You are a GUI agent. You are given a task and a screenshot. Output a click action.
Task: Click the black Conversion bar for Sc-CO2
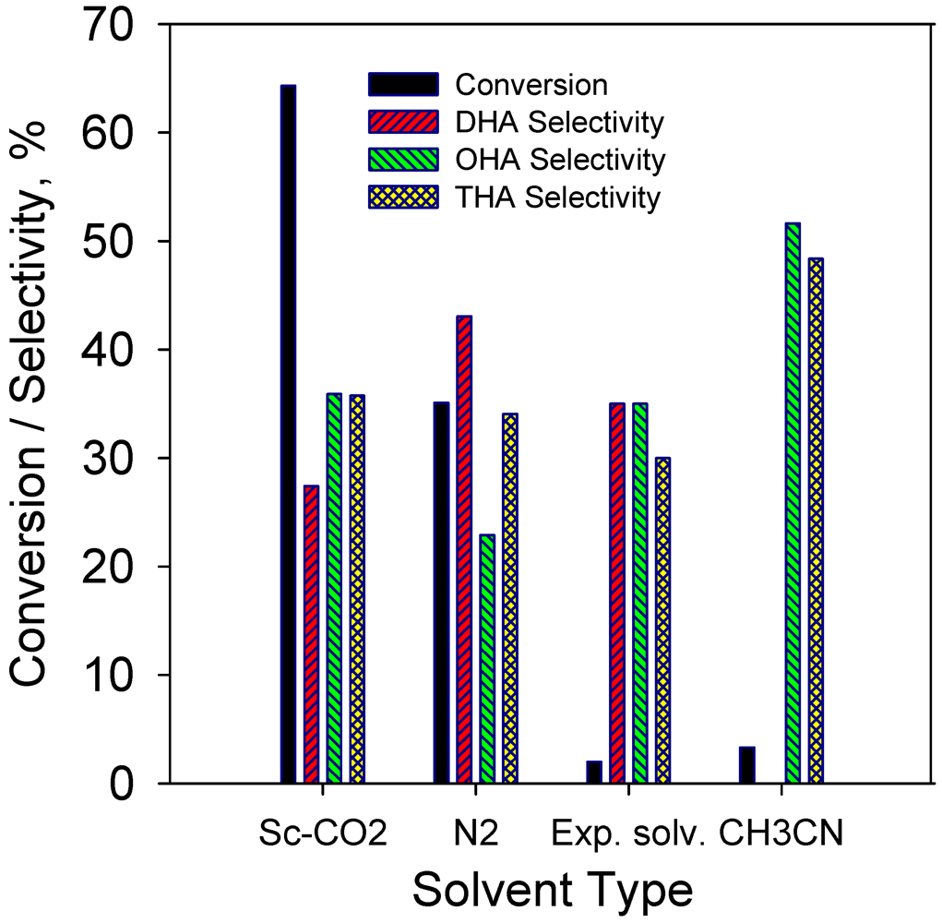(288, 434)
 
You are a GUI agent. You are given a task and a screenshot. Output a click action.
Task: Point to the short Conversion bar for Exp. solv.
(593, 773)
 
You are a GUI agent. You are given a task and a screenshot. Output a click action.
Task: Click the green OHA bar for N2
(487, 659)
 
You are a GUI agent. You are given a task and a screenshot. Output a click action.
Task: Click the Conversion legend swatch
(402, 85)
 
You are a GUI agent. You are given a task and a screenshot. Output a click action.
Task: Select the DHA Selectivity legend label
(560, 122)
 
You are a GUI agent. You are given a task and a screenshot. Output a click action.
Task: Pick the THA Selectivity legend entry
(558, 197)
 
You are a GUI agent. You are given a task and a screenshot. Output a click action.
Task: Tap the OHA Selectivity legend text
(560, 159)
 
